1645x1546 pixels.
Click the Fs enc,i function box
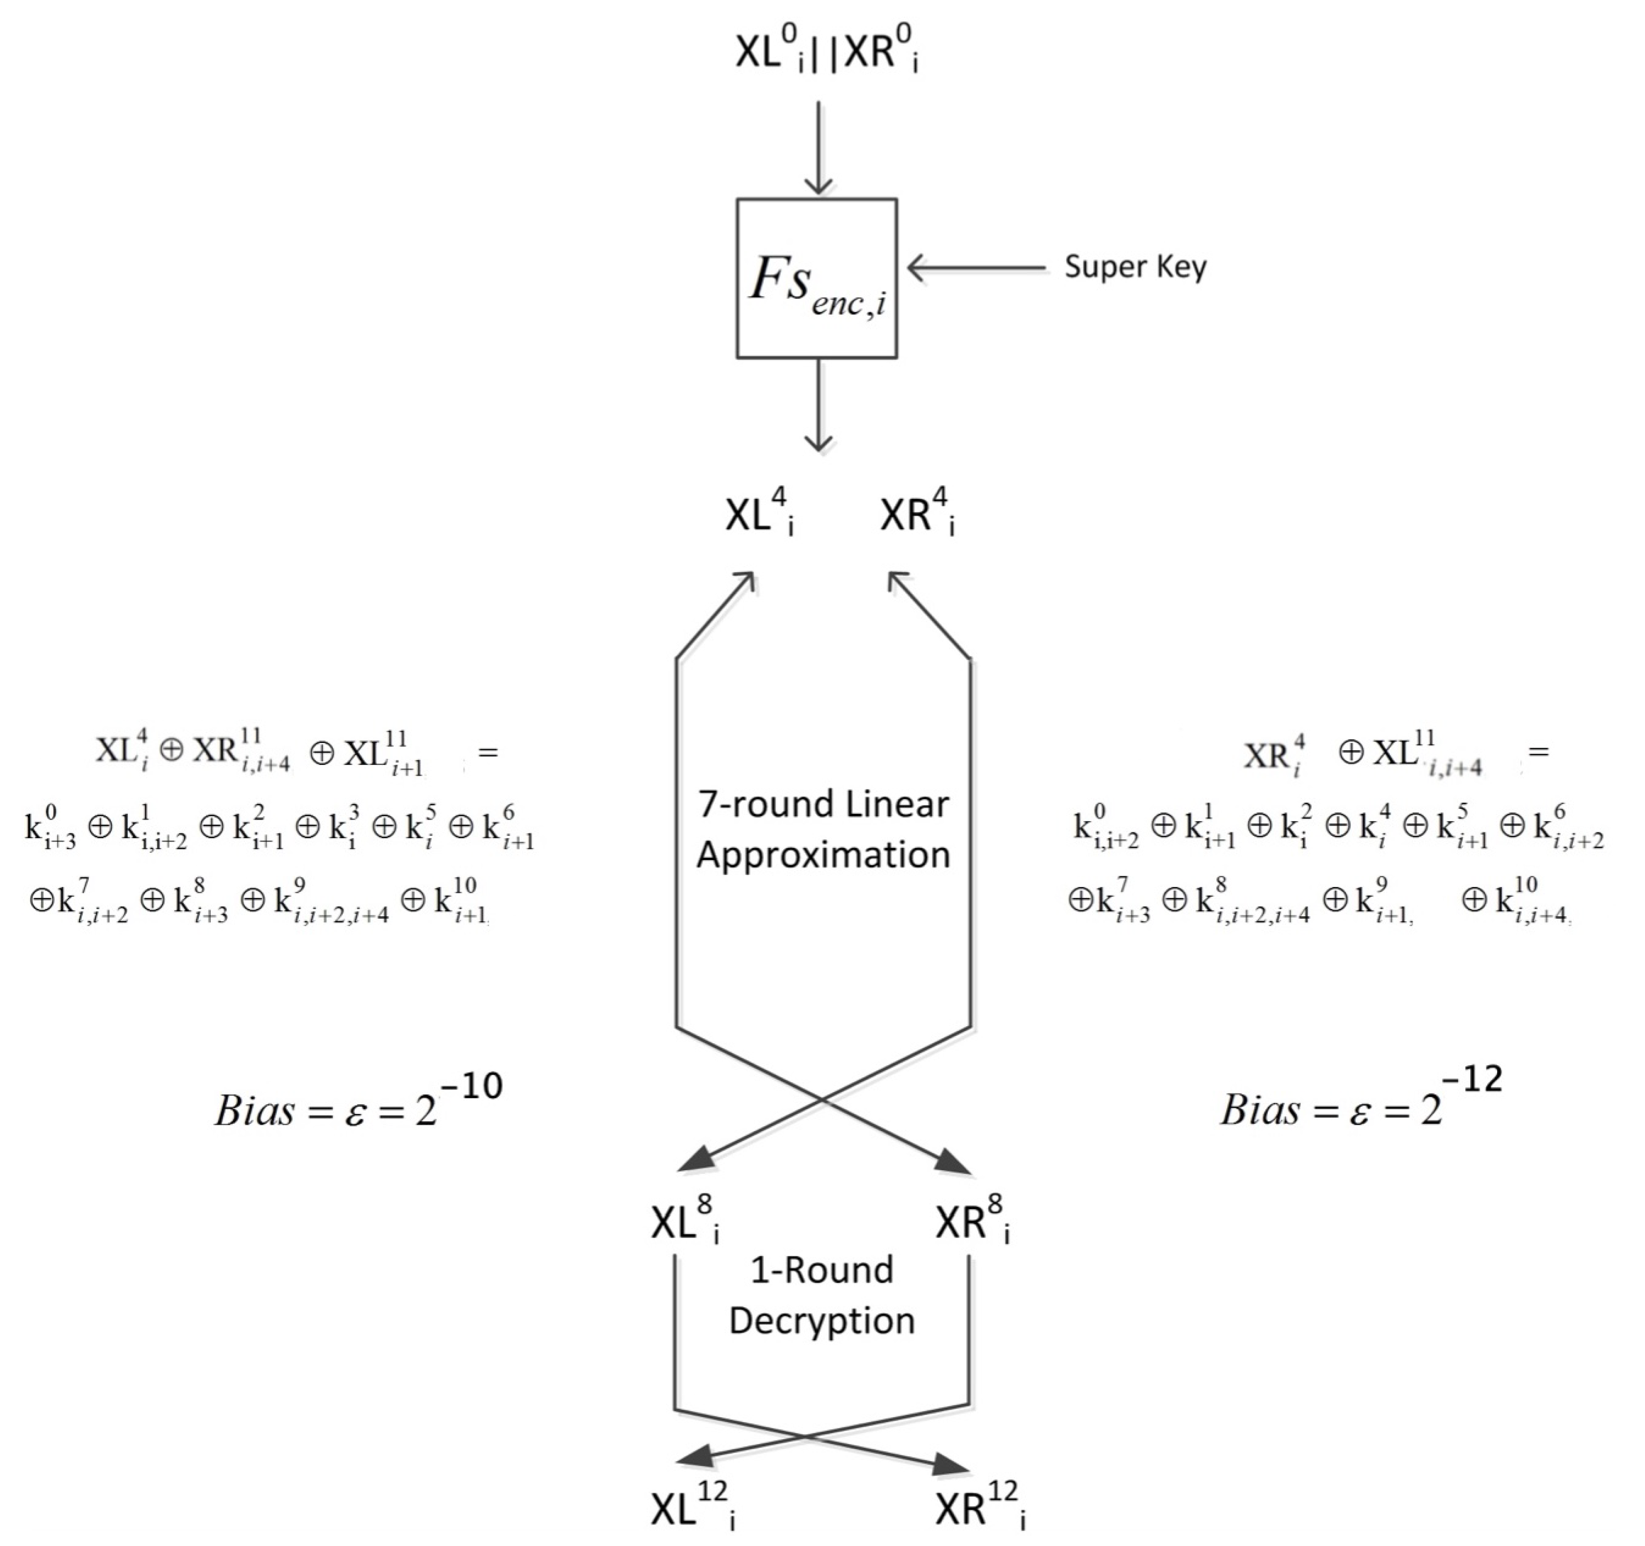(x=817, y=278)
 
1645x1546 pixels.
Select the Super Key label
(x=1135, y=268)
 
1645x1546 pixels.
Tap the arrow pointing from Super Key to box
(x=976, y=268)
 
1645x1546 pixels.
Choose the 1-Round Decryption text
(x=822, y=1295)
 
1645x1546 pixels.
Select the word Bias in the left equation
(x=254, y=1111)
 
